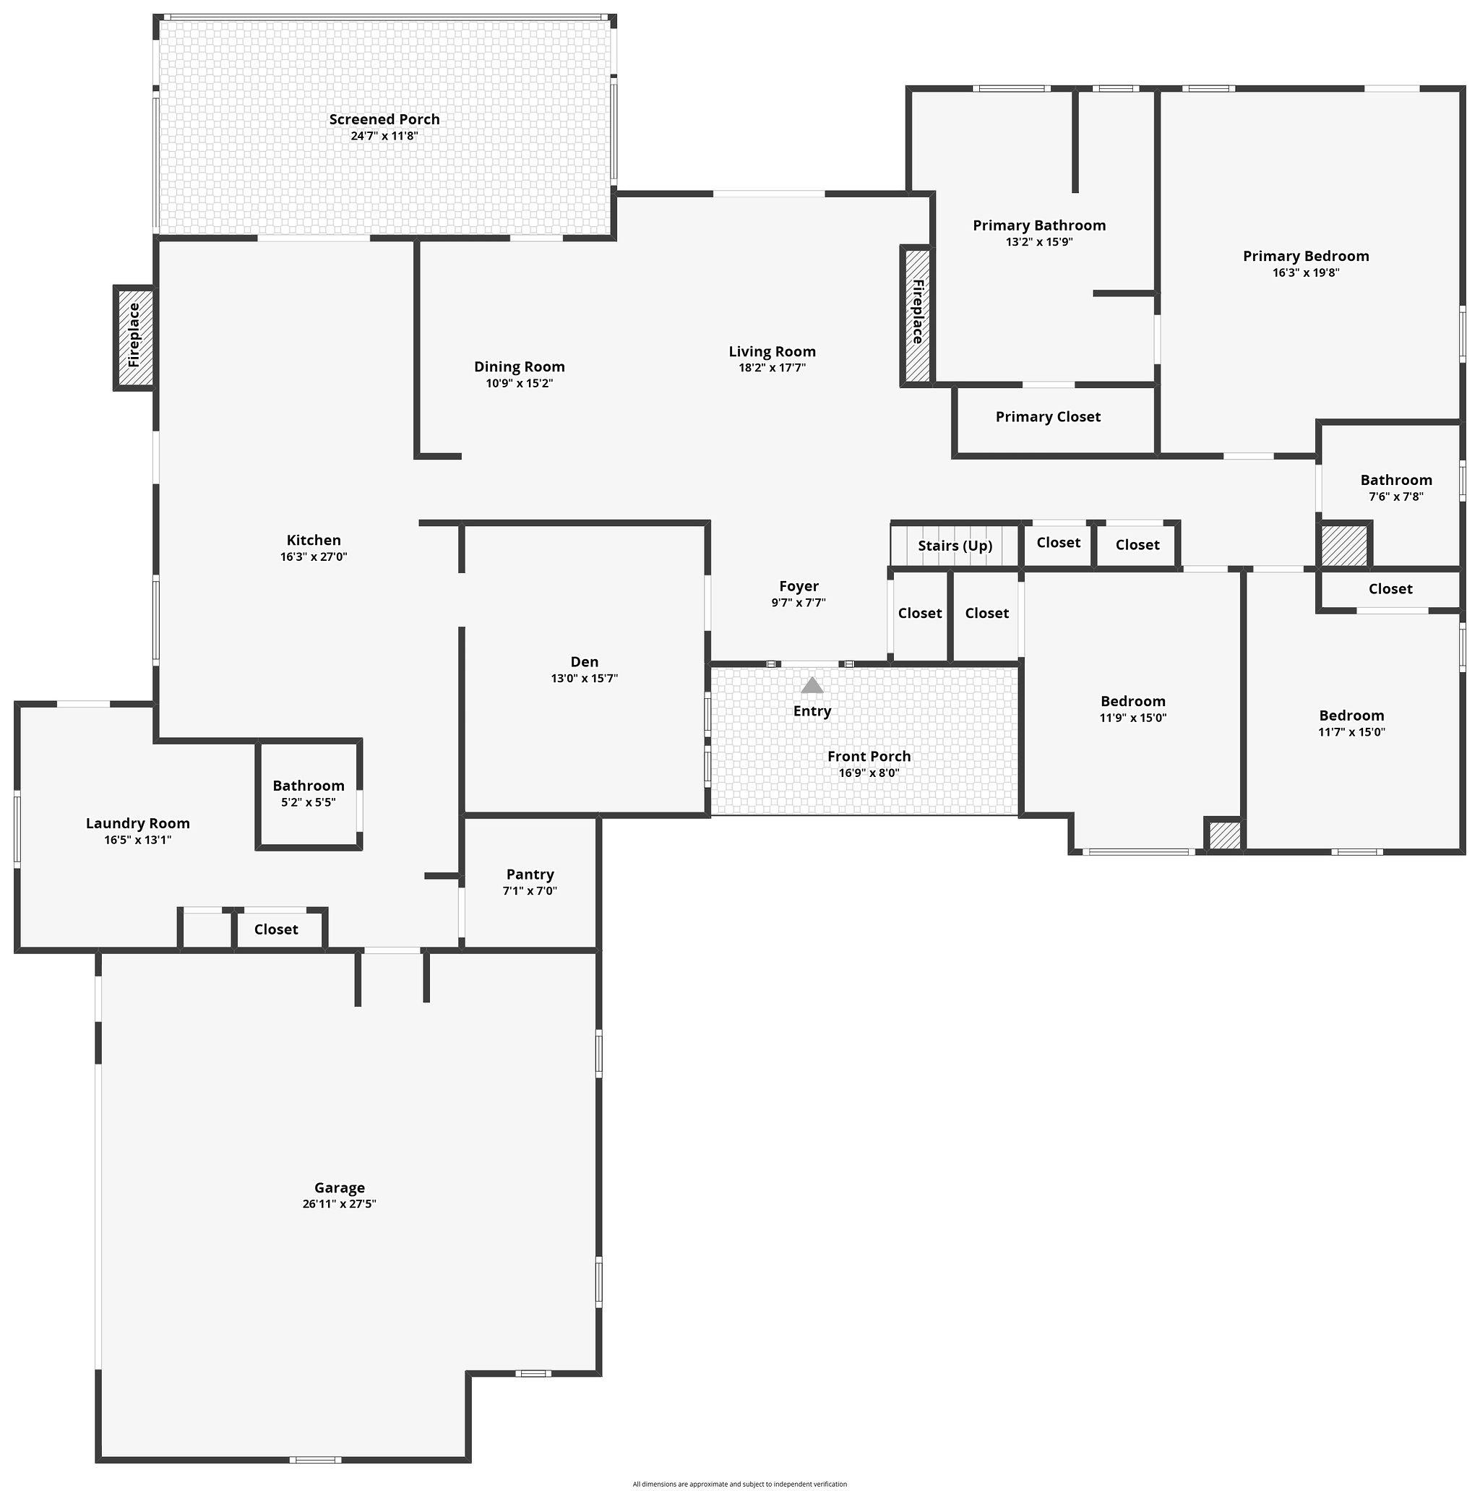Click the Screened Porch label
pos(384,120)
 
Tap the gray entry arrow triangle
pos(812,685)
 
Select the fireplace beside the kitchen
pos(134,338)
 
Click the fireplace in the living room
pos(917,315)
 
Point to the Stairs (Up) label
pos(955,546)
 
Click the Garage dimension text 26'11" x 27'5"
pos(340,1204)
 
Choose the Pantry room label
pos(530,875)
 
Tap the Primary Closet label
pos(1048,417)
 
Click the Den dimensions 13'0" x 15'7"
pos(584,679)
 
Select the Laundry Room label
pos(138,823)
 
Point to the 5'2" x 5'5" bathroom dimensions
pos(309,802)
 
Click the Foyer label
pos(799,587)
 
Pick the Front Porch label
pos(869,756)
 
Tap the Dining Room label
pos(520,366)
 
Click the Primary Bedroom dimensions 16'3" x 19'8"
pos(1306,272)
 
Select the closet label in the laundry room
pos(276,929)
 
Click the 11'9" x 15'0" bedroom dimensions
pos(1132,718)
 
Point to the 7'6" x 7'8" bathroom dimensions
pos(1396,497)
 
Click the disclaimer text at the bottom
pos(739,1484)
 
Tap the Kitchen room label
pos(314,540)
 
